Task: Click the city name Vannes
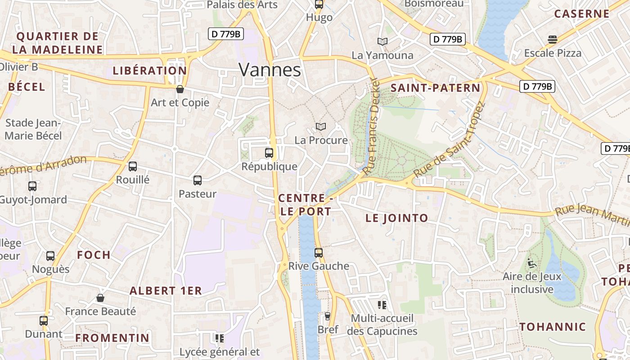coord(270,70)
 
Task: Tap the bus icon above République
coord(269,153)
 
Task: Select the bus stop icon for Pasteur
coord(198,180)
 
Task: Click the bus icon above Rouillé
coord(133,166)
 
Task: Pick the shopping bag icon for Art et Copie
coord(180,89)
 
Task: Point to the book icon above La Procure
coord(320,127)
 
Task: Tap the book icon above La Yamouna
coord(382,42)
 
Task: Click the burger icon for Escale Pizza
coord(553,40)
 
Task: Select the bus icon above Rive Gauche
coord(319,252)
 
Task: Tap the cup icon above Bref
coord(328,316)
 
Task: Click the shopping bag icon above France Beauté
coord(100,298)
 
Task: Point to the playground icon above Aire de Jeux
coord(532,263)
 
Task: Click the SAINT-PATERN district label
coord(435,88)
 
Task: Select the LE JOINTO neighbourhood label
coord(397,218)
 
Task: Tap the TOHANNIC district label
coord(553,327)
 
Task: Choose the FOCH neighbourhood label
coord(94,255)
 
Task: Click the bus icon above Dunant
coord(44,321)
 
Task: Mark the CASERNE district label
coord(581,14)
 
